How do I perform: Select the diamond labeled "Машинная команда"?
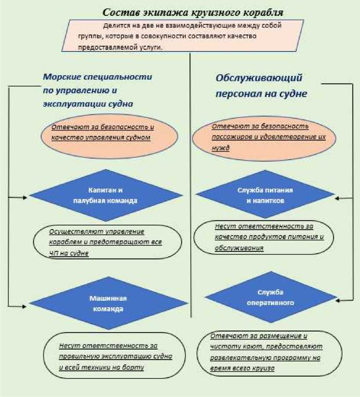click(x=108, y=303)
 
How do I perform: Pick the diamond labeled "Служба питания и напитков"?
click(x=265, y=195)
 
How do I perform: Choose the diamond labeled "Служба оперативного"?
click(x=270, y=298)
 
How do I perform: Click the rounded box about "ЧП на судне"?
click(x=108, y=242)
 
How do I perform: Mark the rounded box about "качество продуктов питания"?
click(x=269, y=237)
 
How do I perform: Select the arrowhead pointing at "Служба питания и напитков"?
click(x=339, y=198)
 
